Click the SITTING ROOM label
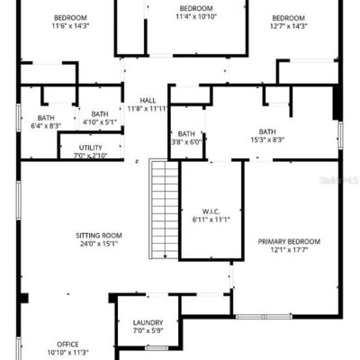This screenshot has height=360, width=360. (x=99, y=236)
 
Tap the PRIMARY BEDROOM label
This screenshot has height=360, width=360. (x=289, y=241)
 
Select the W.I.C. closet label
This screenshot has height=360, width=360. (x=211, y=211)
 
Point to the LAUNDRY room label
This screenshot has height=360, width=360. (x=148, y=323)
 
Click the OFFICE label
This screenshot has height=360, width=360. (x=67, y=345)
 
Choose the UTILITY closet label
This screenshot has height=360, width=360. (x=91, y=148)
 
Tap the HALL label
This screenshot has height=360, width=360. (x=148, y=101)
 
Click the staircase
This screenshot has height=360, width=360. (x=164, y=209)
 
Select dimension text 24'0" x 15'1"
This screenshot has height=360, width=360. (x=99, y=243)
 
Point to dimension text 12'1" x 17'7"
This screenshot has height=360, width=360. (x=289, y=249)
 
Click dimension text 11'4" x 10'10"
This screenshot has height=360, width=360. (x=196, y=16)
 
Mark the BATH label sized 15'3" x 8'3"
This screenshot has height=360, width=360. (x=267, y=131)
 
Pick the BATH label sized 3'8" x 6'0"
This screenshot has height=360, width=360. (x=186, y=134)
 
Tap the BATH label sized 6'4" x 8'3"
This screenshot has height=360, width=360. (x=46, y=118)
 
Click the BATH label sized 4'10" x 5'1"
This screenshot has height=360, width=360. (x=100, y=114)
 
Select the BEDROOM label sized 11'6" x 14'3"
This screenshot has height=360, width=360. (x=70, y=18)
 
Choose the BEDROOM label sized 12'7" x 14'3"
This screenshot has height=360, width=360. (x=289, y=18)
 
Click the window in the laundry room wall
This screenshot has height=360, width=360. (x=157, y=348)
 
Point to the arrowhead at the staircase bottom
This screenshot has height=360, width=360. (x=165, y=256)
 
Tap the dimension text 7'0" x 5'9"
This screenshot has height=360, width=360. (x=148, y=330)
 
